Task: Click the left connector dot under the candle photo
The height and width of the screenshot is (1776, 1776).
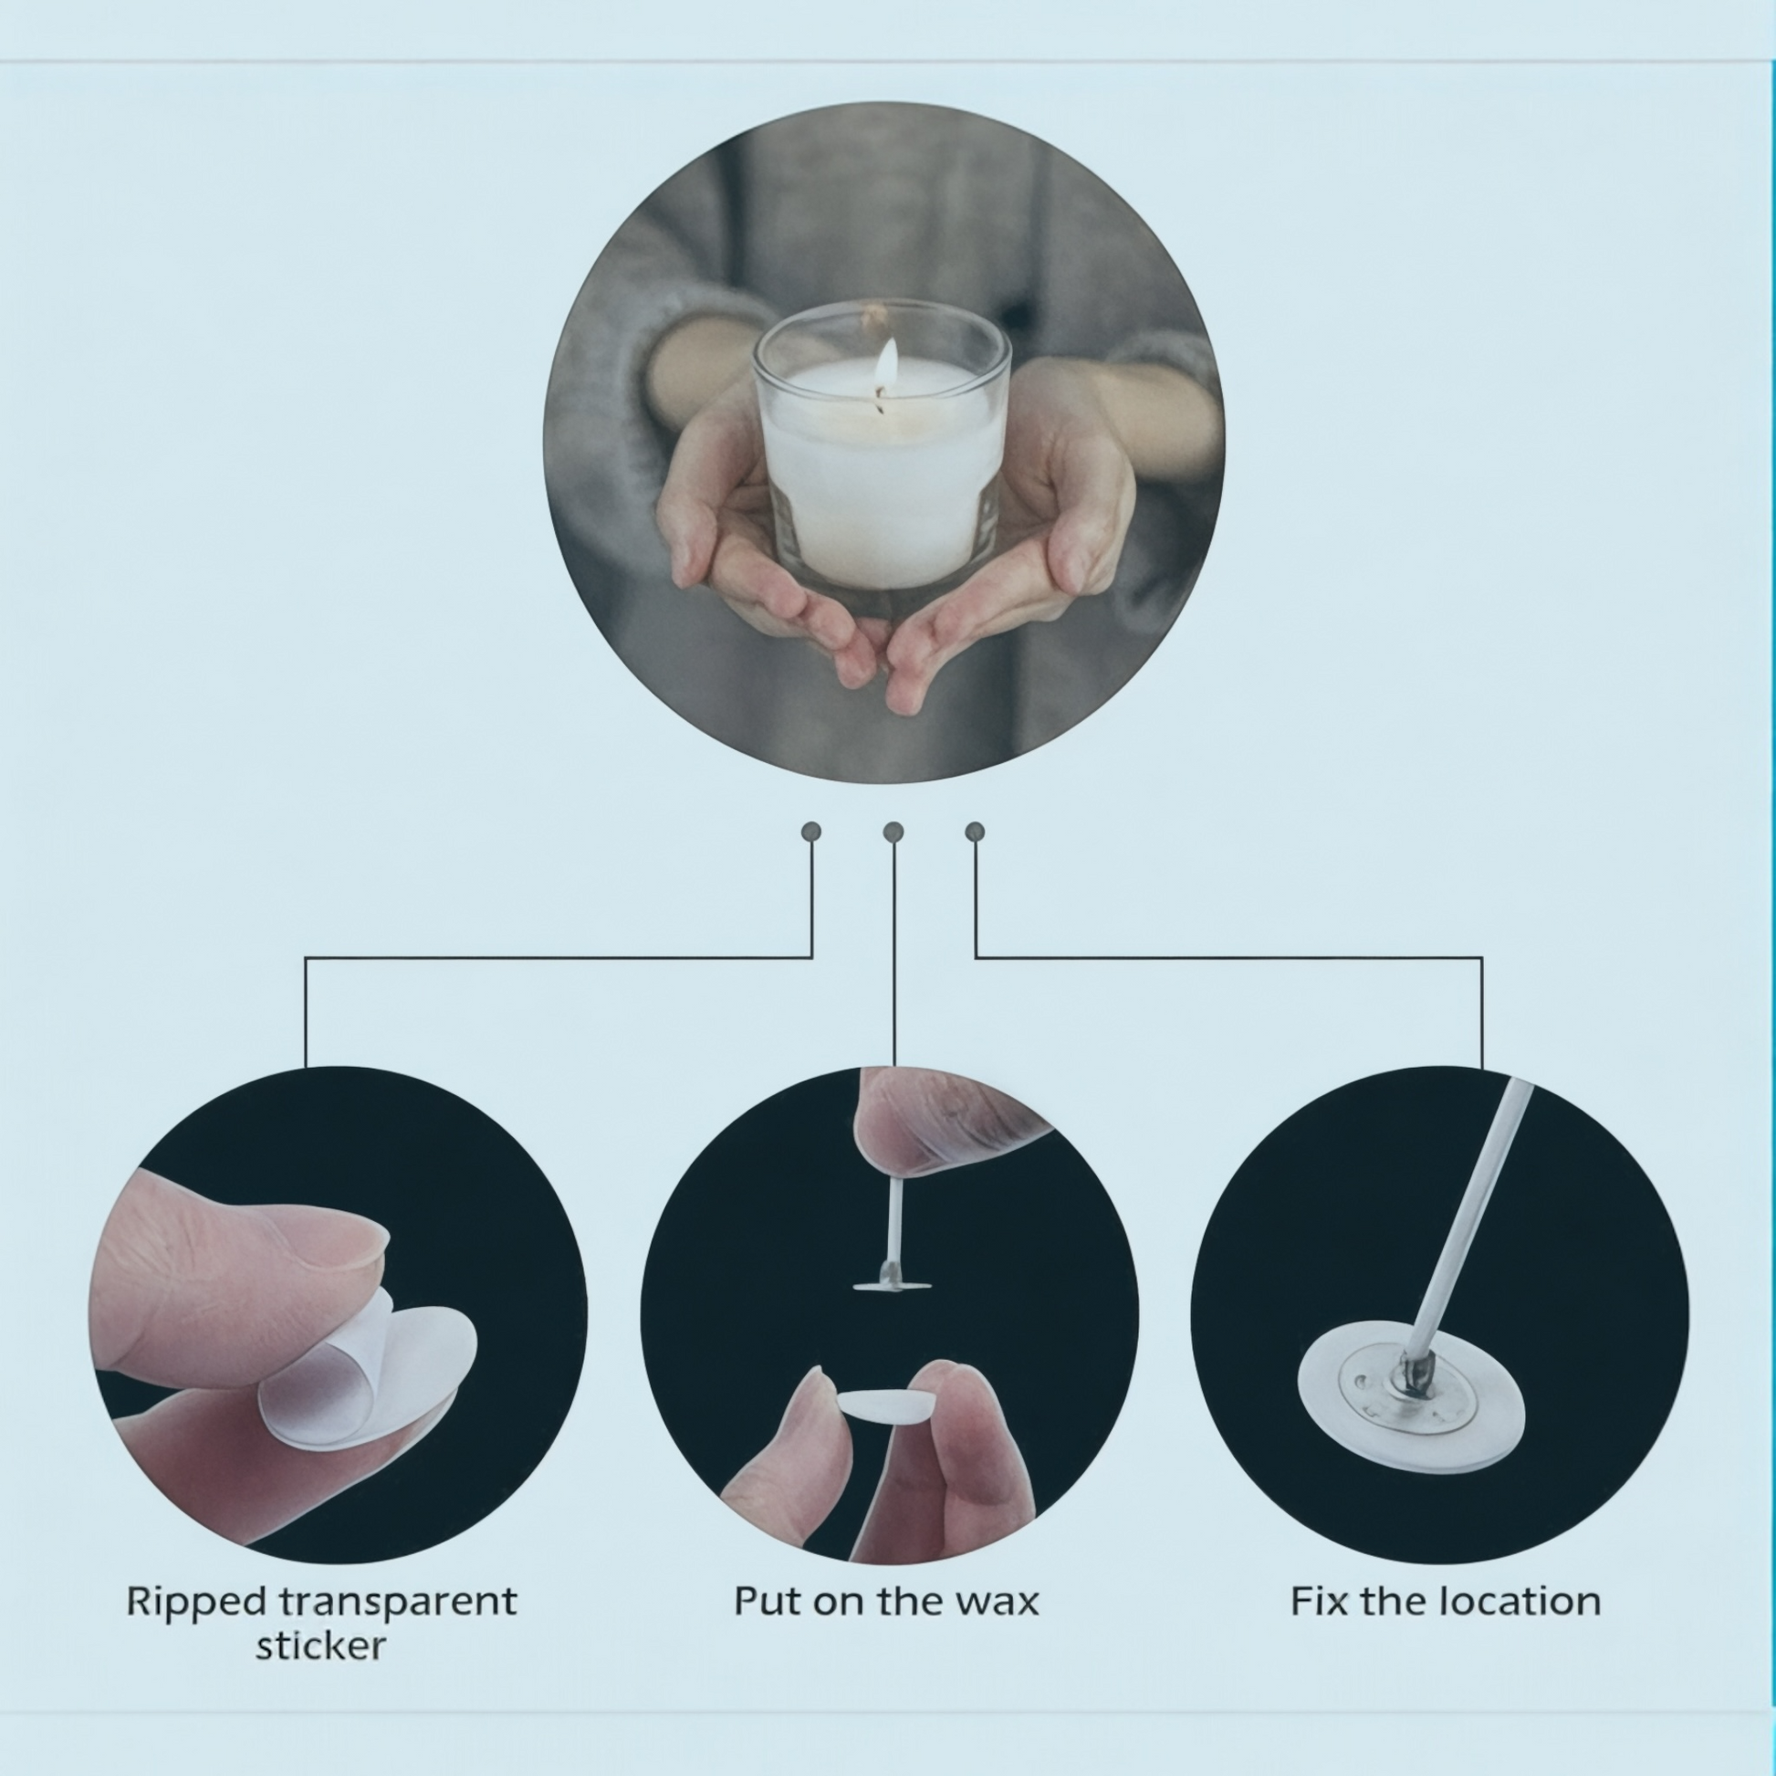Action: [810, 832]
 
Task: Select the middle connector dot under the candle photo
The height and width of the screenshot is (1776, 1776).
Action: [893, 832]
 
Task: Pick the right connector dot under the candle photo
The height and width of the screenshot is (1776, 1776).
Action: [976, 832]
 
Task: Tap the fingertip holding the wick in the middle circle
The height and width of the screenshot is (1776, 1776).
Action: [946, 1122]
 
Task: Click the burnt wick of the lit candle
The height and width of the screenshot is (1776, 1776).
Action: [881, 399]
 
